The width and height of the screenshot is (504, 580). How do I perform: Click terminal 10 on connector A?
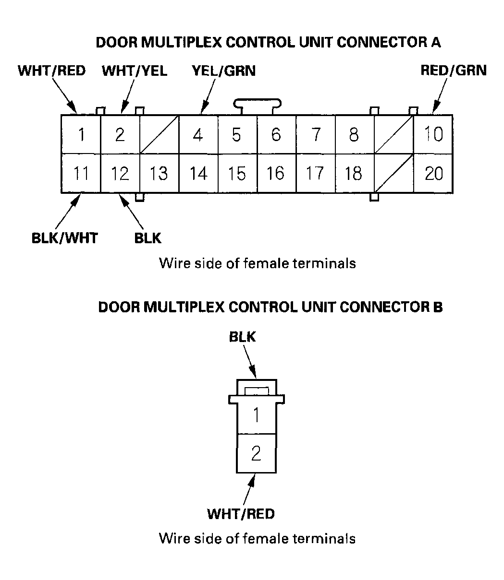pos(433,134)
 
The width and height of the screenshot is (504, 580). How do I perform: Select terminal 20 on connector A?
pos(433,173)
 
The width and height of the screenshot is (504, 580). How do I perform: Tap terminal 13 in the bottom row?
pos(159,173)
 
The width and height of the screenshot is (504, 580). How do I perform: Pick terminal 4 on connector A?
pos(198,134)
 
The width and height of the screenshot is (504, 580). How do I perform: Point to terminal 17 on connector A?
pos(315,173)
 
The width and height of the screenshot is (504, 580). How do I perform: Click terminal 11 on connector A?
pos(81,173)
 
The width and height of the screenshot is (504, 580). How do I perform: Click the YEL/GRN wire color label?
pos(223,71)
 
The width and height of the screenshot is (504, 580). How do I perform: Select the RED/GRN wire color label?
pos(453,71)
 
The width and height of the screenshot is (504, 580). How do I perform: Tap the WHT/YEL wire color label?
pos(135,71)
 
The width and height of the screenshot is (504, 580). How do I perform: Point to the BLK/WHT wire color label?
pos(64,237)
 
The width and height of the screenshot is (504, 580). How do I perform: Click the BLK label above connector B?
pos(242,337)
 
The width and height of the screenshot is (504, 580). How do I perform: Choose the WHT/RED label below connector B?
pos(241,514)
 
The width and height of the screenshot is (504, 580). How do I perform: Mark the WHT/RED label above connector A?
pos(51,71)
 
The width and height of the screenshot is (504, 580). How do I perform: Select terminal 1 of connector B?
pos(256,415)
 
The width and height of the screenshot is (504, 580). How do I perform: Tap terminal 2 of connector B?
pos(256,453)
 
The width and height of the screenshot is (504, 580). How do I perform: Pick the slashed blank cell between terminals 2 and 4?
pos(159,134)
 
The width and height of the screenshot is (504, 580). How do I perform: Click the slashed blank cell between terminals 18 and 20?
pos(393,173)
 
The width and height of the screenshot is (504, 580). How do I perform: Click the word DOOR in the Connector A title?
pos(117,42)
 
